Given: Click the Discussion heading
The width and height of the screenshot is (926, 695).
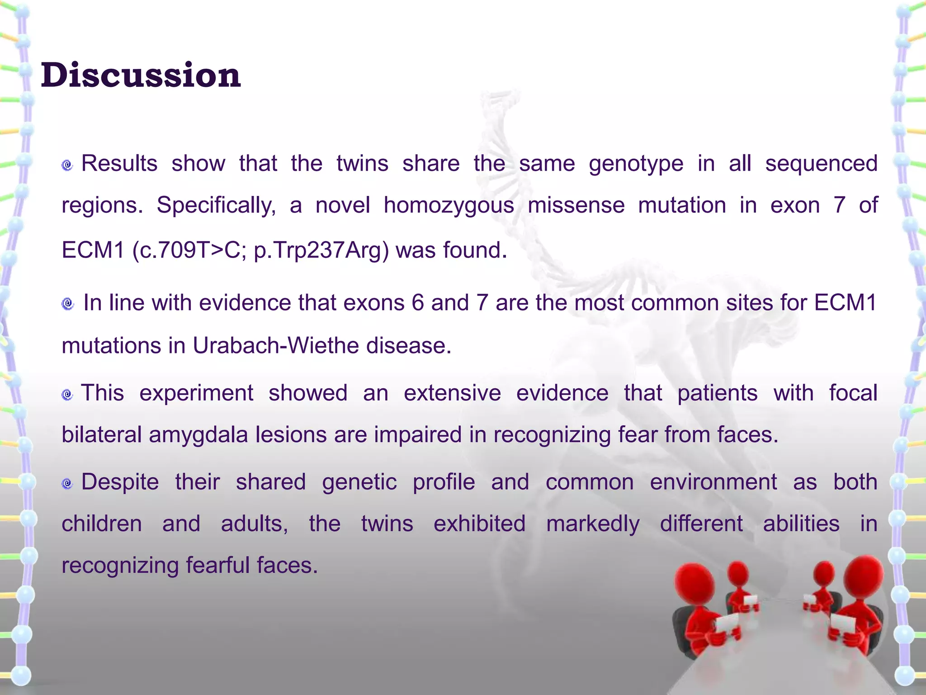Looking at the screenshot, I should tap(141, 75).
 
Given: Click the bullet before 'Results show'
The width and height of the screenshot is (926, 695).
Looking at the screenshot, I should tap(67, 165).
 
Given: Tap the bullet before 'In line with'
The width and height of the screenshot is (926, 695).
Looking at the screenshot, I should tap(67, 304).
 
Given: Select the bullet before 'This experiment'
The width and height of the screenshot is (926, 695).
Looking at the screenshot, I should tap(67, 395).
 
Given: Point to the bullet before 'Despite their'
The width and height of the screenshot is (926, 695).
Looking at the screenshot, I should tap(67, 484).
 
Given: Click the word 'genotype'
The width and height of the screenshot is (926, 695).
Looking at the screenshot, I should tap(636, 164).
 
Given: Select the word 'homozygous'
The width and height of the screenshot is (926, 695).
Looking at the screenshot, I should tap(449, 205).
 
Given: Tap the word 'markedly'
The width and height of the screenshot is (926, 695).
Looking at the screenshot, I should tap(592, 524).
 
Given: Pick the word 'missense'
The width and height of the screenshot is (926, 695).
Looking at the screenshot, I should tap(576, 205).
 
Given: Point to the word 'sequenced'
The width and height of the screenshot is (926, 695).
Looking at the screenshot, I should tap(821, 164).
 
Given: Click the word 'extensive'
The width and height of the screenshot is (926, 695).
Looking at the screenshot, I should tap(452, 393).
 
